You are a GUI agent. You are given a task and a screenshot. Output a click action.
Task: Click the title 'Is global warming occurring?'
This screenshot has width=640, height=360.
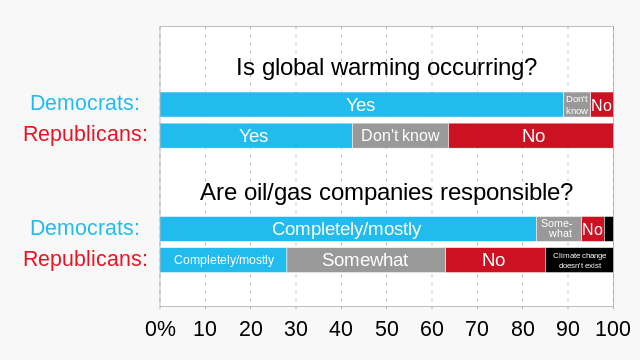pyautogui.click(x=386, y=68)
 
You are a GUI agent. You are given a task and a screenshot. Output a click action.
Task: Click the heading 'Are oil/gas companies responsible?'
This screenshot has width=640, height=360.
pyautogui.click(x=386, y=192)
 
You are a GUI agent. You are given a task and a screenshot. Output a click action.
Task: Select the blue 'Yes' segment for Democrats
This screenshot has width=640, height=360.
pyautogui.click(x=361, y=104)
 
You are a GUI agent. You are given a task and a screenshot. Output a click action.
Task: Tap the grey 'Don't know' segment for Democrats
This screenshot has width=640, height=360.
pyautogui.click(x=577, y=104)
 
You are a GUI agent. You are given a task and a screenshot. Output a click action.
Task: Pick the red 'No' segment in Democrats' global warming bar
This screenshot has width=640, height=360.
pyautogui.click(x=602, y=104)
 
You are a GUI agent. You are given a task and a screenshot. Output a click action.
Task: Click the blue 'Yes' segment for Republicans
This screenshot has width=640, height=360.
pyautogui.click(x=255, y=136)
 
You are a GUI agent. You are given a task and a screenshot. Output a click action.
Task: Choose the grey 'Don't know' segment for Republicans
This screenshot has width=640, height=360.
pyautogui.click(x=400, y=136)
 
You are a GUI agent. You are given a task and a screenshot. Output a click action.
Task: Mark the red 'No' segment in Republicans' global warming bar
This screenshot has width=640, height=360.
pyautogui.click(x=531, y=136)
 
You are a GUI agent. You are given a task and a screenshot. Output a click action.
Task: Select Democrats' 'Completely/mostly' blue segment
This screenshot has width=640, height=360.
pyautogui.click(x=348, y=229)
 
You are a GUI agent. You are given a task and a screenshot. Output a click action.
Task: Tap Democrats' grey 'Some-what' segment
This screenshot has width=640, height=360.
pyautogui.click(x=559, y=229)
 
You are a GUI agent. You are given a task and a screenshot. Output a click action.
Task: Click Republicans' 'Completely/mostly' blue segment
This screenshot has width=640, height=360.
pyautogui.click(x=223, y=260)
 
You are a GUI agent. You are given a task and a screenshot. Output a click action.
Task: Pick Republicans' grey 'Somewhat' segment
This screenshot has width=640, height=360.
pyautogui.click(x=365, y=260)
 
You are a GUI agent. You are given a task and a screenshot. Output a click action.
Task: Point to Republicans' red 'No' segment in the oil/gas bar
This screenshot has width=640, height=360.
pyautogui.click(x=495, y=260)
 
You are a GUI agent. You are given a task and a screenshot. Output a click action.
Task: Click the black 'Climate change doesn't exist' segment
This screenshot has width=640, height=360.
pyautogui.click(x=579, y=260)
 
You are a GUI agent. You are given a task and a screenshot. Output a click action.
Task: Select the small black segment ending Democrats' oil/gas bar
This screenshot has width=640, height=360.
pyautogui.click(x=609, y=229)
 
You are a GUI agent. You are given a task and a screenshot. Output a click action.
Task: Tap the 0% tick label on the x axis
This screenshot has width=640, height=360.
pyautogui.click(x=160, y=329)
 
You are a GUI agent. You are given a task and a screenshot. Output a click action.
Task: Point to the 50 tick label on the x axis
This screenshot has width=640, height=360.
pyautogui.click(x=386, y=329)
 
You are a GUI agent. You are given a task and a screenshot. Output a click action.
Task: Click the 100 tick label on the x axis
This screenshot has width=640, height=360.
pyautogui.click(x=612, y=329)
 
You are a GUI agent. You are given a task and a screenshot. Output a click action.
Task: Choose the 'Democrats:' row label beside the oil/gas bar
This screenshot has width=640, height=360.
pyautogui.click(x=85, y=228)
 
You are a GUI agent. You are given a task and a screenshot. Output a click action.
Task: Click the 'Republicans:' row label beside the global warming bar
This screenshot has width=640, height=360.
pyautogui.click(x=85, y=135)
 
